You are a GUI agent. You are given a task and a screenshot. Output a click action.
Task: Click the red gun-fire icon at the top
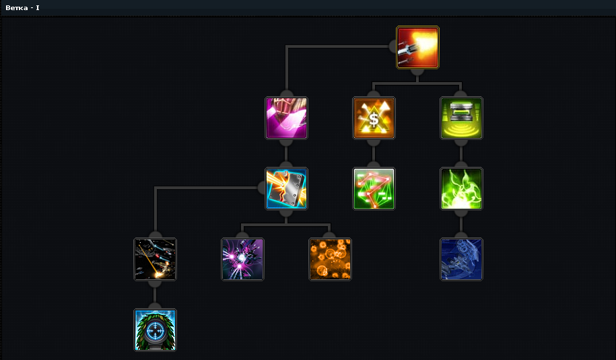pyautogui.click(x=417, y=47)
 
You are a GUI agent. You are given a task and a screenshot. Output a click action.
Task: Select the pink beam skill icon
pyautogui.click(x=286, y=118)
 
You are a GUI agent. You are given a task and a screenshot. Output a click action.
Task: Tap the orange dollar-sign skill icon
pyautogui.click(x=374, y=118)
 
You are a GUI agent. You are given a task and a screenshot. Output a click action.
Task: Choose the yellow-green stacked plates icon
pyautogui.click(x=461, y=118)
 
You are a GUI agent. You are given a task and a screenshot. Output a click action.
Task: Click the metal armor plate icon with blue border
pyautogui.click(x=286, y=188)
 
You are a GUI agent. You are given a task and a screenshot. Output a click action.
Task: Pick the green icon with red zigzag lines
pyautogui.click(x=374, y=188)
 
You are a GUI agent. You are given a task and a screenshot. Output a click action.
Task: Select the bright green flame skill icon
pyautogui.click(x=461, y=188)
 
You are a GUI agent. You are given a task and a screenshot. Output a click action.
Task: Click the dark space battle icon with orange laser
pyautogui.click(x=155, y=259)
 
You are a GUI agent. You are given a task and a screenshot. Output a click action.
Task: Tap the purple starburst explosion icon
pyautogui.click(x=242, y=259)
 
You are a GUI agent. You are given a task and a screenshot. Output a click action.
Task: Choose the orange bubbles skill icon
pyautogui.click(x=330, y=259)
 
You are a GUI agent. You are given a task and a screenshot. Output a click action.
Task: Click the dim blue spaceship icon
pyautogui.click(x=461, y=259)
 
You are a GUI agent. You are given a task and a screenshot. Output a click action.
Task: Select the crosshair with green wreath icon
pyautogui.click(x=155, y=330)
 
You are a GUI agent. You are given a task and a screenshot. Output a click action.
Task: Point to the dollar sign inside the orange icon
pyautogui.click(x=374, y=118)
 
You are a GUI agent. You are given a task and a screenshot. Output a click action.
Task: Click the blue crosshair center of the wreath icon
pyautogui.click(x=155, y=330)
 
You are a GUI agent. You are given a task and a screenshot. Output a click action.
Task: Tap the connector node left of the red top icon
pyautogui.click(x=393, y=46)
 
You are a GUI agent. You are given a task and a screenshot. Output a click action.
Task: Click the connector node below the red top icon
pyautogui.click(x=417, y=71)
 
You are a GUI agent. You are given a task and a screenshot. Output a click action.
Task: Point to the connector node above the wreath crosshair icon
pyautogui.click(x=155, y=305)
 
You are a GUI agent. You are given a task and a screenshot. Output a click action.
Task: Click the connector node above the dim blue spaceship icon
pyautogui.click(x=461, y=235)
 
